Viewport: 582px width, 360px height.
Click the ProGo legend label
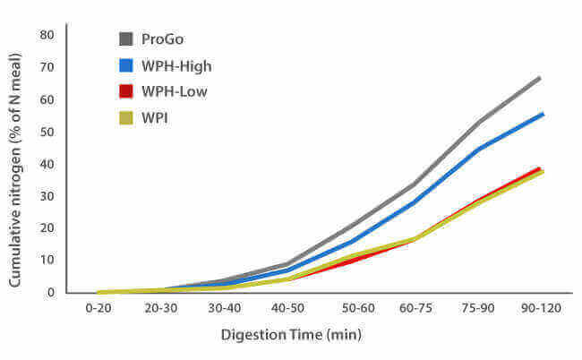tap(168, 39)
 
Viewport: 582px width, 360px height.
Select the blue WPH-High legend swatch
tap(127, 65)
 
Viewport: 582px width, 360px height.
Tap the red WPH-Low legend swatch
tap(127, 91)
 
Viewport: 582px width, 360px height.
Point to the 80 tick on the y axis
tap(47, 35)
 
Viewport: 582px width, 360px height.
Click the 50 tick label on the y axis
tap(47, 132)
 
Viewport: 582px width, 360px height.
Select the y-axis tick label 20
tap(47, 228)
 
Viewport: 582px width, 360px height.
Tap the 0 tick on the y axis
tap(51, 293)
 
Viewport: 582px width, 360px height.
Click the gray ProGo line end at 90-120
tap(540, 78)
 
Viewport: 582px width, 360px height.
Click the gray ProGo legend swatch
tap(127, 39)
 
